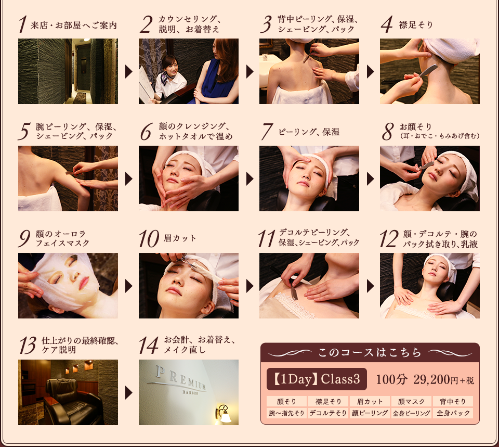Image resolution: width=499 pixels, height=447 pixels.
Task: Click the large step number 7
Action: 267,132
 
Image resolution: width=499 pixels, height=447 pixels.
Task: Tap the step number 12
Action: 389,239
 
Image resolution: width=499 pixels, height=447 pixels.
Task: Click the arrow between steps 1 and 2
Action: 128,72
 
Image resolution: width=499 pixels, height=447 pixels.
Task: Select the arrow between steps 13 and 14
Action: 128,393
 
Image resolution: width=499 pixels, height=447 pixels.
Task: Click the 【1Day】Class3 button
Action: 317,379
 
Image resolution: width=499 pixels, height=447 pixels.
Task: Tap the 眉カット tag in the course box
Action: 369,401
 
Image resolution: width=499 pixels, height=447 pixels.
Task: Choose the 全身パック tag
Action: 453,413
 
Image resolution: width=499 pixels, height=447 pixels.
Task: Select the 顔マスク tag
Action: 411,401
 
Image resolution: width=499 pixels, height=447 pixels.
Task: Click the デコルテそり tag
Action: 328,413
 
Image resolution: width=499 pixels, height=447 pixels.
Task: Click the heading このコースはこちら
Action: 370,352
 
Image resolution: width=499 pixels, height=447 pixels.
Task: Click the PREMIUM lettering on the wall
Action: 180,378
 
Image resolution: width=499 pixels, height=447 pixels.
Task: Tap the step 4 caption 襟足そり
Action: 416,25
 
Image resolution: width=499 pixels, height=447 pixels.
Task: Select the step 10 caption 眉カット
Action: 180,238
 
